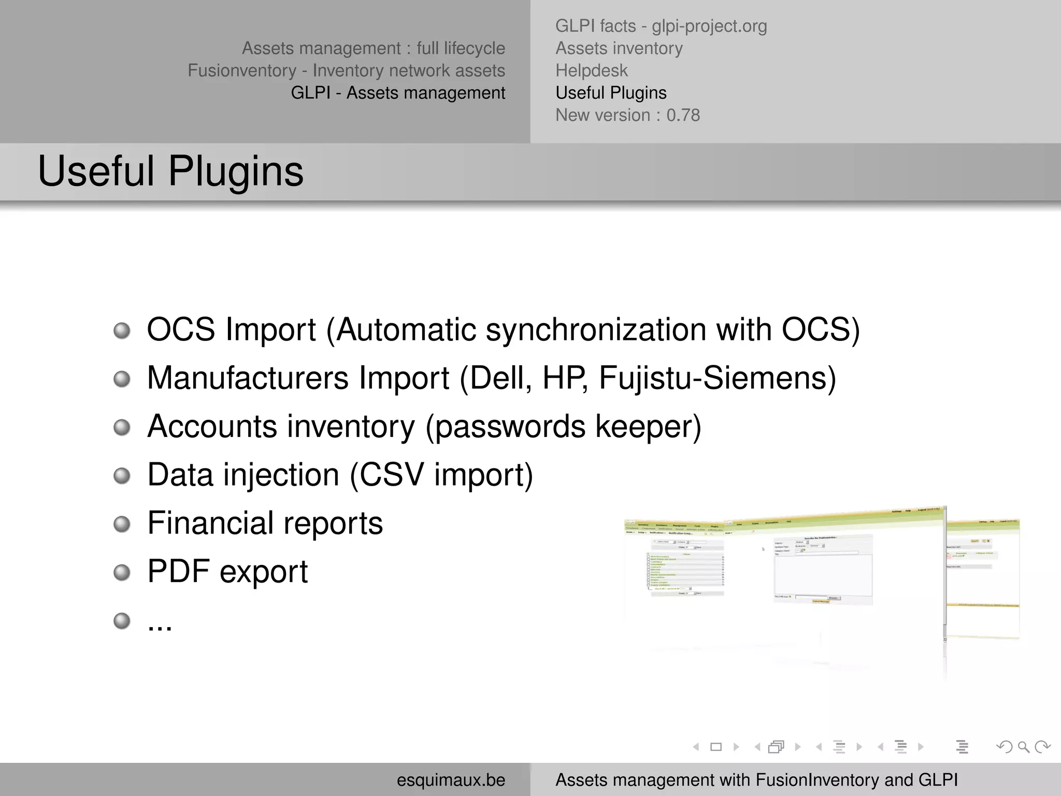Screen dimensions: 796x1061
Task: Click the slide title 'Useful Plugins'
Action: [x=170, y=172]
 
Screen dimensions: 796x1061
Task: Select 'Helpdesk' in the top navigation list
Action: [x=591, y=70]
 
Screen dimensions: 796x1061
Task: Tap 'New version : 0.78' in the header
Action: [x=627, y=115]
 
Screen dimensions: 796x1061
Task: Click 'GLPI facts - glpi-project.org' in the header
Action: [x=661, y=26]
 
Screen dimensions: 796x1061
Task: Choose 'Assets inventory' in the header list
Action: [x=619, y=48]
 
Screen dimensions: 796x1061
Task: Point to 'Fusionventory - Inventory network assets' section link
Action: [x=346, y=70]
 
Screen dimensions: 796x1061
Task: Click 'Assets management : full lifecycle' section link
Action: [x=373, y=48]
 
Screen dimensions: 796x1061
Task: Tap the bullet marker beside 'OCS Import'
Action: [x=122, y=331]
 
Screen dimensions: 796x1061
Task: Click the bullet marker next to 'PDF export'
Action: [x=122, y=573]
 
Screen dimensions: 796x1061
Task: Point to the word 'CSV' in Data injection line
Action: [x=392, y=475]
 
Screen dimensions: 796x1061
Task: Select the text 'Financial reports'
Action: [x=265, y=523]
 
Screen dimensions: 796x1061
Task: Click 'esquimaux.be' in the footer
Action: [x=451, y=780]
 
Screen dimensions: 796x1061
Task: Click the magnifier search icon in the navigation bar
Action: [x=1023, y=747]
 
